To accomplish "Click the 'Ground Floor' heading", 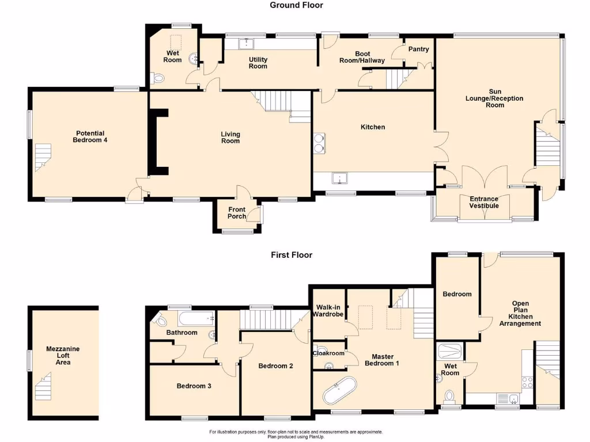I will click(x=296, y=5).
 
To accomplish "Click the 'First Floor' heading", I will click(x=292, y=254).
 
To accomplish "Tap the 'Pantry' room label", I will click(x=419, y=49).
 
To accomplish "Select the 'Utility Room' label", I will click(x=258, y=63).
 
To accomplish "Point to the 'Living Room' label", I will click(x=230, y=138).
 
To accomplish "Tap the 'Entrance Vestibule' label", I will click(x=483, y=202).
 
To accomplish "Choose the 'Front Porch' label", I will click(x=237, y=213).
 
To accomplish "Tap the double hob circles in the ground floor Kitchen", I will click(x=319, y=142).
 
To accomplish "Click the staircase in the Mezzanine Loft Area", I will click(x=44, y=387).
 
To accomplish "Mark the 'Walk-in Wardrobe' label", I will click(x=328, y=310).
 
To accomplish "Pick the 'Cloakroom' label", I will click(x=329, y=353).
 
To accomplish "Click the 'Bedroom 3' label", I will click(x=194, y=386).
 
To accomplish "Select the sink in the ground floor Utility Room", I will click(x=247, y=43).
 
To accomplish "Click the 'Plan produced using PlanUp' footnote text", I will click(x=296, y=437).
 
